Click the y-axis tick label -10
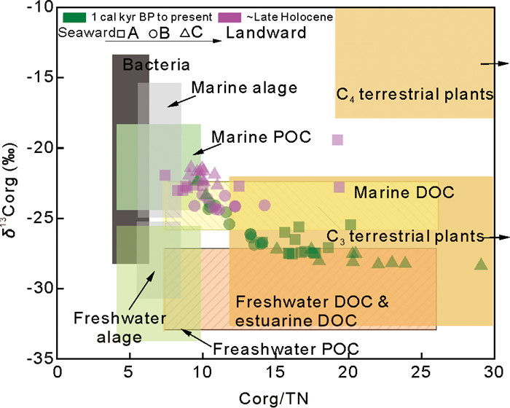coord(34,8)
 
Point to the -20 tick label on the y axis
coord(34,148)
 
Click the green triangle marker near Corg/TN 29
coord(481,264)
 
